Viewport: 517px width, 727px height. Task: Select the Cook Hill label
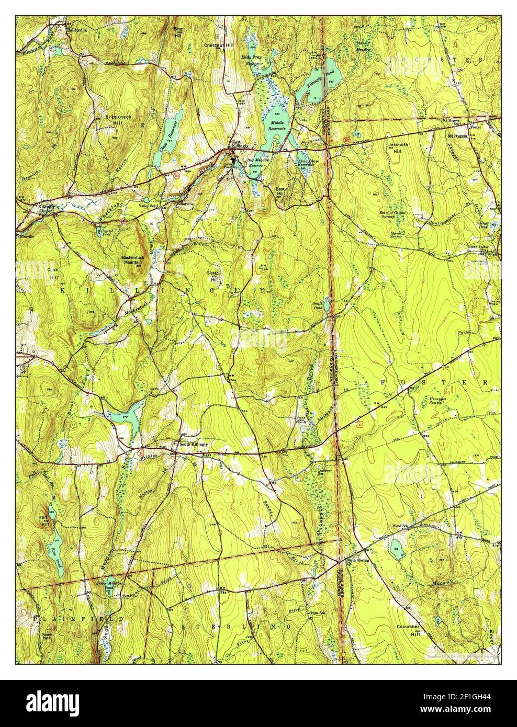coord(53,273)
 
